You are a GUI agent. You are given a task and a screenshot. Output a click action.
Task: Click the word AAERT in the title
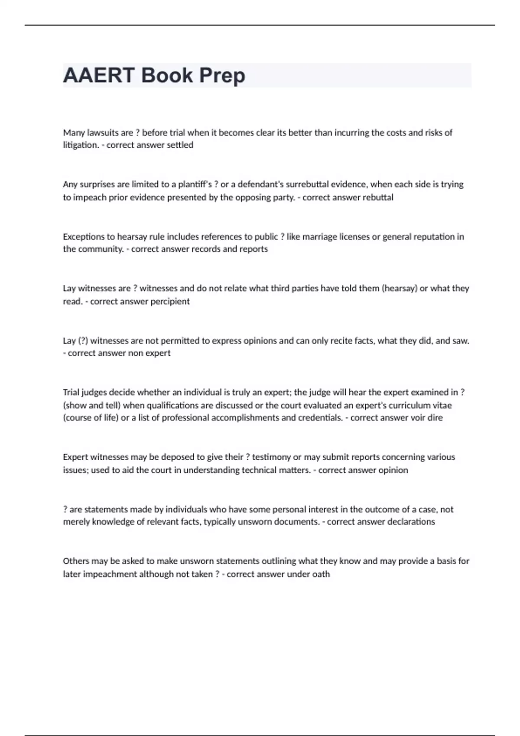[x=99, y=75]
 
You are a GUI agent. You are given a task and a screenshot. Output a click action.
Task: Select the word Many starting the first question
[x=74, y=133]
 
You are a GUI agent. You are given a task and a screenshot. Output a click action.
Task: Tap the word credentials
[x=320, y=418]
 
